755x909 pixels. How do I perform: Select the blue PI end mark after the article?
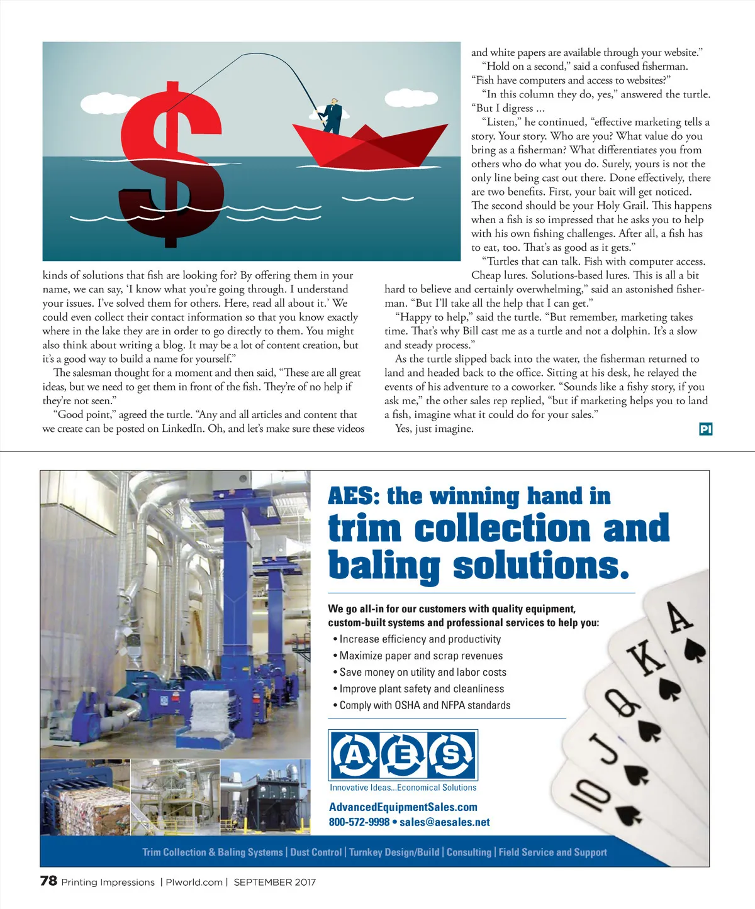(705, 429)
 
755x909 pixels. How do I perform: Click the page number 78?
(48, 881)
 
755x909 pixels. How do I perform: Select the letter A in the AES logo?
(354, 754)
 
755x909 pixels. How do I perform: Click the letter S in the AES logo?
(451, 754)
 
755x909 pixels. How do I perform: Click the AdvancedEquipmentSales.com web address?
(403, 807)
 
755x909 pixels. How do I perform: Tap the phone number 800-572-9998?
(359, 822)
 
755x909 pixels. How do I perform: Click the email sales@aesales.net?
(444, 822)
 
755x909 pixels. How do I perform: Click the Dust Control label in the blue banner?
(316, 852)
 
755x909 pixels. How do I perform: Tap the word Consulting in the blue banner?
(469, 852)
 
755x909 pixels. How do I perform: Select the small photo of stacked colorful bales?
(85, 797)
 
